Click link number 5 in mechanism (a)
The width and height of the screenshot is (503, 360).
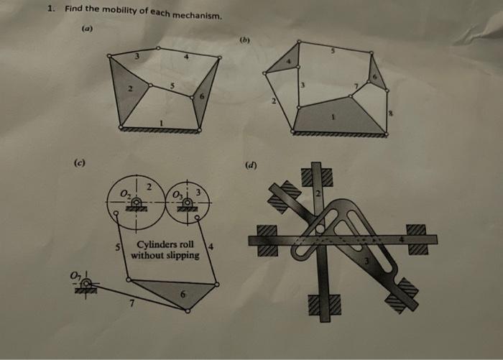coord(172,88)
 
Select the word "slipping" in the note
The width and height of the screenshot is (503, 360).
coord(182,255)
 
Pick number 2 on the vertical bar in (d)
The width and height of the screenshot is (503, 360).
coord(316,195)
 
